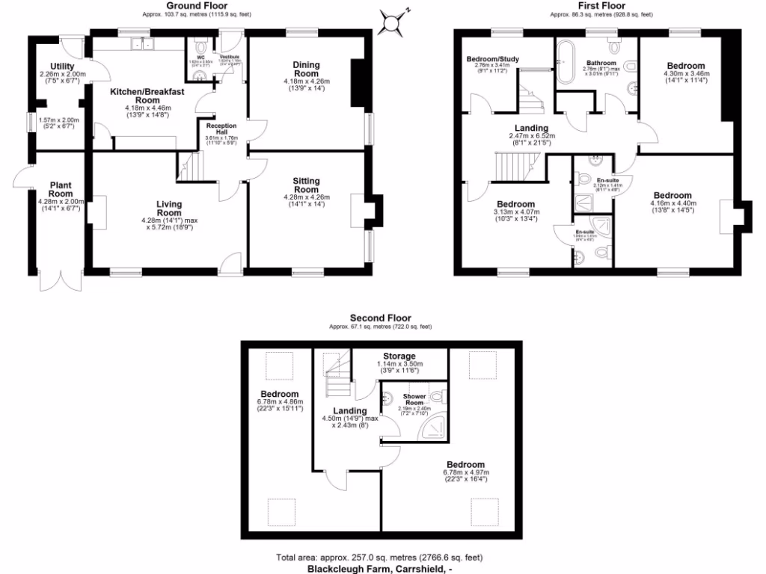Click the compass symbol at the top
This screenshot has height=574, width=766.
point(391,22)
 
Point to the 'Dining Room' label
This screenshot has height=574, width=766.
point(306,70)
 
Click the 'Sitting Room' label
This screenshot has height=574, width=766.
point(306,185)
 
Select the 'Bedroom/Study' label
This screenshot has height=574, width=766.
point(492,59)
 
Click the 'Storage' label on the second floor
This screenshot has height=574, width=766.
point(399,356)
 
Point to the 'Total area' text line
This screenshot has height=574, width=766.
point(379,558)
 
